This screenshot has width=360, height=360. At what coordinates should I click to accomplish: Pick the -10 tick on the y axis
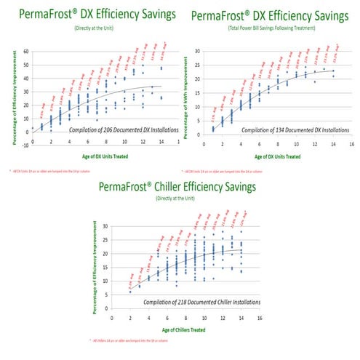pos(23,144)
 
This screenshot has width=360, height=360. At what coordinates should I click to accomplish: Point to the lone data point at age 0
pos(32,129)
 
